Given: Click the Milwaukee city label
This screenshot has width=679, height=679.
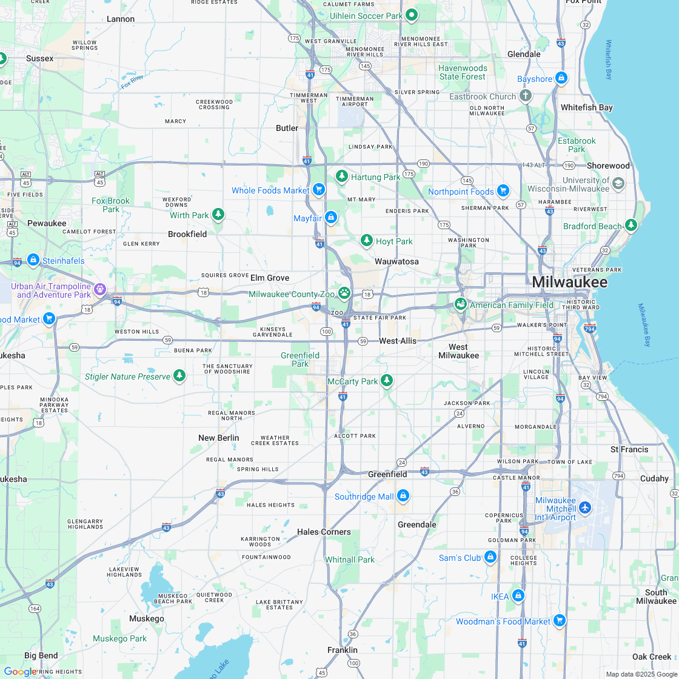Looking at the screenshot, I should click(x=569, y=283).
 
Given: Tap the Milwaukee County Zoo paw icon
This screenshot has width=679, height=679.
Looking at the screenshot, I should click(x=344, y=293).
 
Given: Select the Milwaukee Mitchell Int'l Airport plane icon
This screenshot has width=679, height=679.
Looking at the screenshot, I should click(x=585, y=507).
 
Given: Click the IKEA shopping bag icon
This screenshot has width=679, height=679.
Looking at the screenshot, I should click(x=518, y=596).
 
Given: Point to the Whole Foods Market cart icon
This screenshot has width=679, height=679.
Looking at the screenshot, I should click(x=319, y=190).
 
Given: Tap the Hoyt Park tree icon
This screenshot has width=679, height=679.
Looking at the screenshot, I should click(x=366, y=241).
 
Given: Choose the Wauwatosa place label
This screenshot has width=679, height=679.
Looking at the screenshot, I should click(x=396, y=261).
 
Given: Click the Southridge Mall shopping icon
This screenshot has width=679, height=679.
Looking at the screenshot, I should click(x=403, y=497).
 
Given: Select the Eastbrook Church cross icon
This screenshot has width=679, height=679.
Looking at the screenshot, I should click(x=526, y=96).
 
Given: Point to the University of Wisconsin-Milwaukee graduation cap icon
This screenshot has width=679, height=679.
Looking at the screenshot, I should click(x=618, y=184).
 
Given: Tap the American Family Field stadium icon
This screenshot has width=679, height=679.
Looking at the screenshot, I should click(x=461, y=304).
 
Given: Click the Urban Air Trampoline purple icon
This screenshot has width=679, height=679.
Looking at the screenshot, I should click(x=100, y=290).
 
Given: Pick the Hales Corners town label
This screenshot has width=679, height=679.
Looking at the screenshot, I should click(x=324, y=532).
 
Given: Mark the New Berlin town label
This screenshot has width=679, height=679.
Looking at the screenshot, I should click(x=218, y=438).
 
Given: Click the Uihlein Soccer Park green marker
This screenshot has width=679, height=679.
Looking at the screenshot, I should click(x=412, y=15).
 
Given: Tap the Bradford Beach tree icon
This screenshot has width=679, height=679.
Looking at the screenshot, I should click(x=631, y=226).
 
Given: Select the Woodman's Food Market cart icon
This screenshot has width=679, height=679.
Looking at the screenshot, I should click(x=560, y=621).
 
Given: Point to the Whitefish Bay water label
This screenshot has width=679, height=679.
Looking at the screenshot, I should click(x=609, y=60).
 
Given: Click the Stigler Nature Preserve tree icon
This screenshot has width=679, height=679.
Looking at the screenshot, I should click(x=179, y=376).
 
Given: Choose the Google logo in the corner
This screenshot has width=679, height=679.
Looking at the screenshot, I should click(x=19, y=672).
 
